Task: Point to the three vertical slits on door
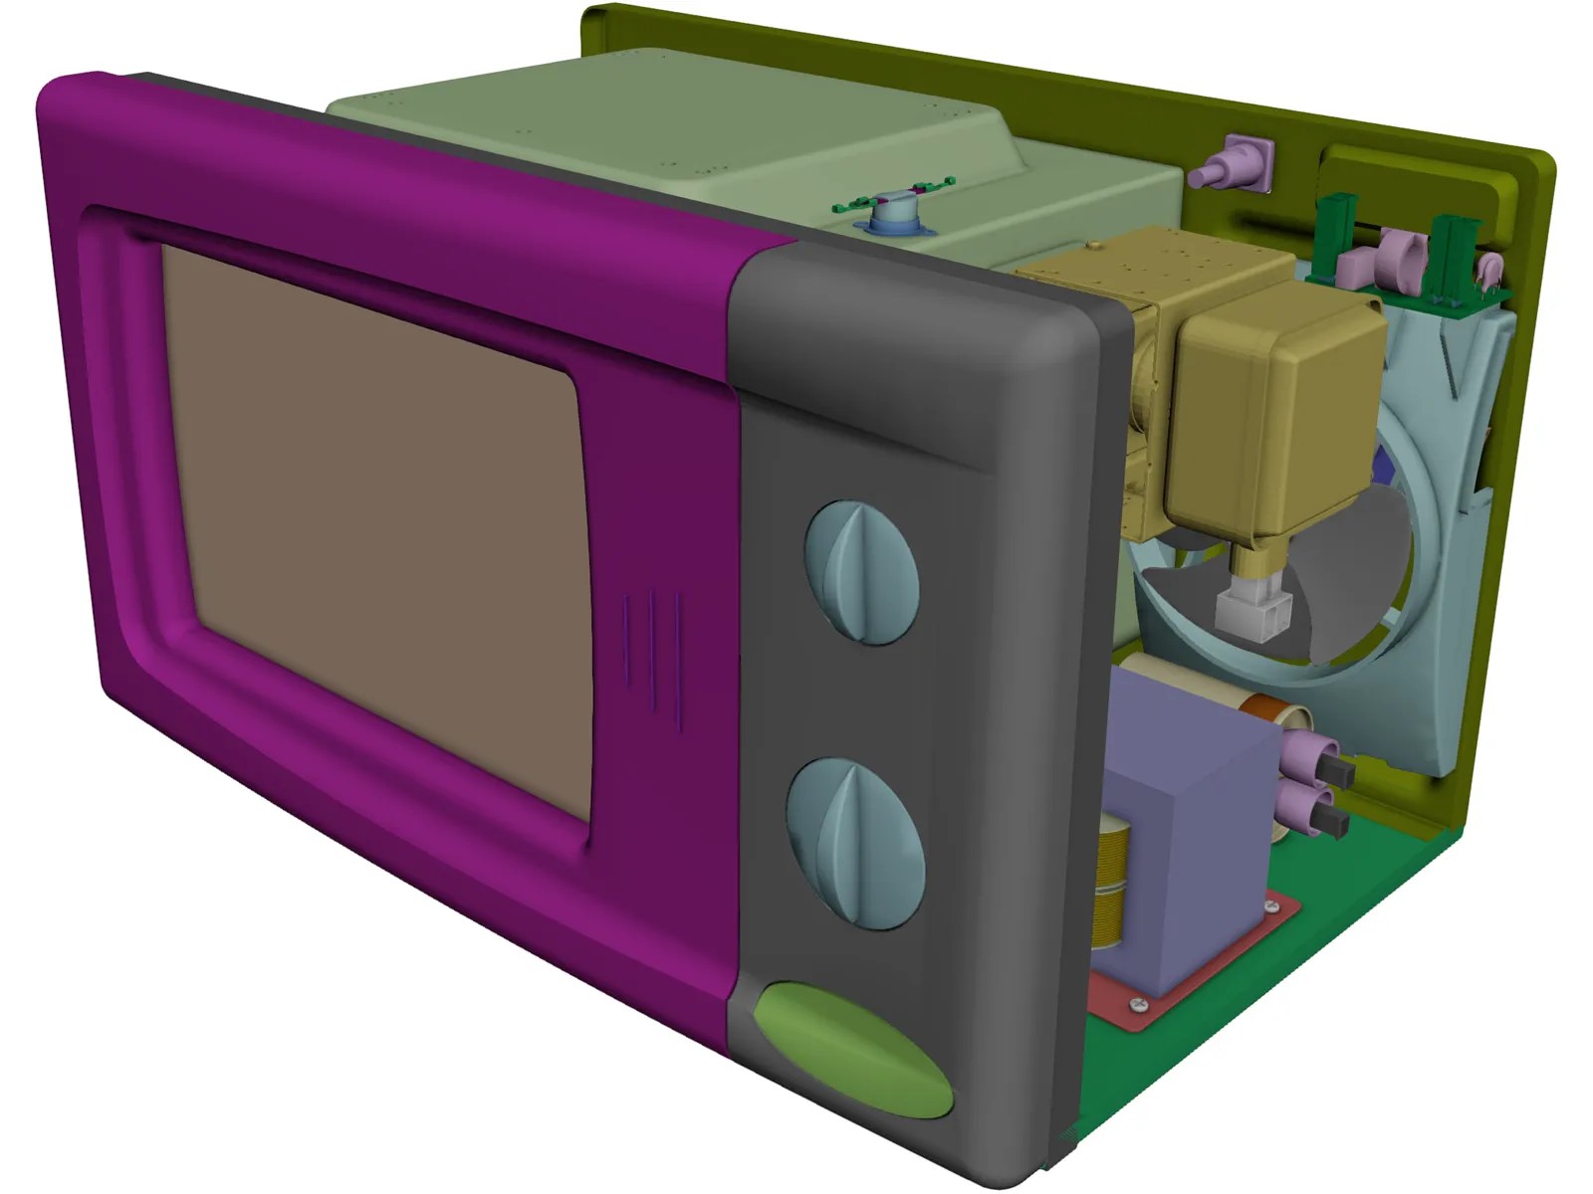(652, 652)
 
